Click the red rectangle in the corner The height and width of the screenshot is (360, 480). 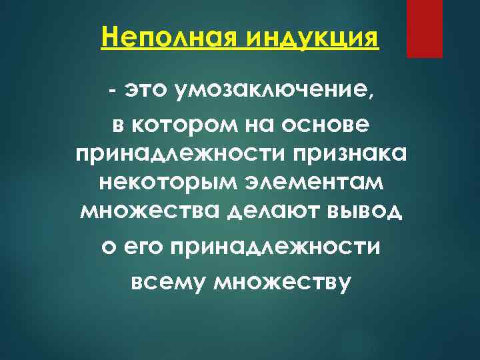[425, 29]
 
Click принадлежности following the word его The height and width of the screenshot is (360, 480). [276, 247]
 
